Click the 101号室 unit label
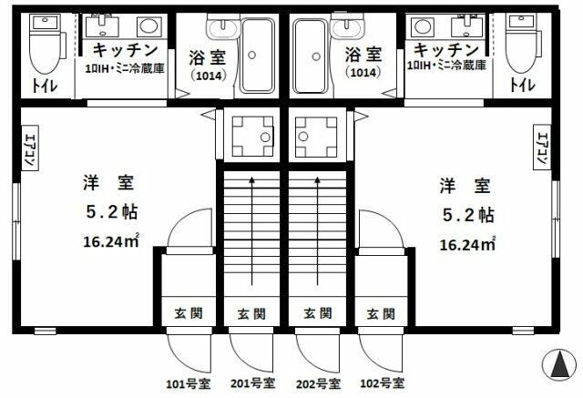pyautogui.click(x=187, y=382)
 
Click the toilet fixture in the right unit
pyautogui.click(x=520, y=46)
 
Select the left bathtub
pyautogui.click(x=258, y=56)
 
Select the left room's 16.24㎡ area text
pyautogui.click(x=112, y=240)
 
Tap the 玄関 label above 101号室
pyautogui.click(x=189, y=314)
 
